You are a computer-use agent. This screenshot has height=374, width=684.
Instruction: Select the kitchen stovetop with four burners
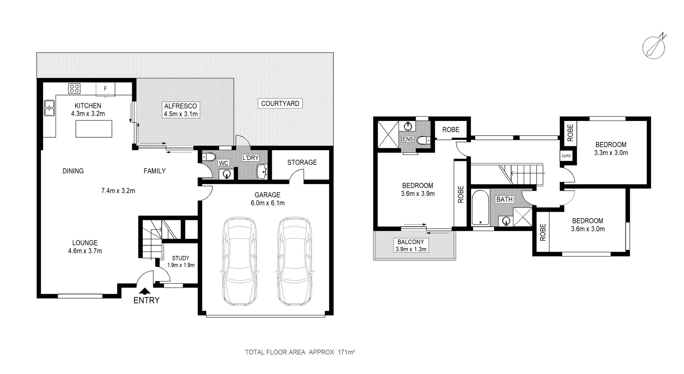(x=74, y=88)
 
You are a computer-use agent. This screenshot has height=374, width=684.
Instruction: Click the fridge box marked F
(x=105, y=89)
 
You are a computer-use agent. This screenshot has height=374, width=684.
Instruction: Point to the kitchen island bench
(x=94, y=129)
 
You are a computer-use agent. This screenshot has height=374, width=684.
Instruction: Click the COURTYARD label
(x=280, y=104)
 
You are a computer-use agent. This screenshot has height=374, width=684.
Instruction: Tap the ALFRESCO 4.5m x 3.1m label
(x=181, y=110)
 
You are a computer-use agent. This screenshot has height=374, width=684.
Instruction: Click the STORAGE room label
(x=302, y=162)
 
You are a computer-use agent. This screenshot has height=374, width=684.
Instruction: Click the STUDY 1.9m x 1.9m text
(x=181, y=262)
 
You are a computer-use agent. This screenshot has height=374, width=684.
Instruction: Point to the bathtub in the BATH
(x=480, y=208)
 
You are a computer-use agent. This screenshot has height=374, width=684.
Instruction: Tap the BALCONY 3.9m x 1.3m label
(x=411, y=246)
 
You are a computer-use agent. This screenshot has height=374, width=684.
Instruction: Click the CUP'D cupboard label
(x=566, y=156)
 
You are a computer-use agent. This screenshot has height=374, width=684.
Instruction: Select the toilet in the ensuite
(x=424, y=140)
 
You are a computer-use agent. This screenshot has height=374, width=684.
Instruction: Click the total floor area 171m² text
(x=300, y=352)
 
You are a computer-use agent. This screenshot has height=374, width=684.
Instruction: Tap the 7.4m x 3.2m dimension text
(x=118, y=191)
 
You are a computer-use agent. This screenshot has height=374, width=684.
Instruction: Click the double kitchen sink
(x=49, y=108)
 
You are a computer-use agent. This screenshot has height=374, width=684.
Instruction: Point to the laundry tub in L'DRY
(x=262, y=172)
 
